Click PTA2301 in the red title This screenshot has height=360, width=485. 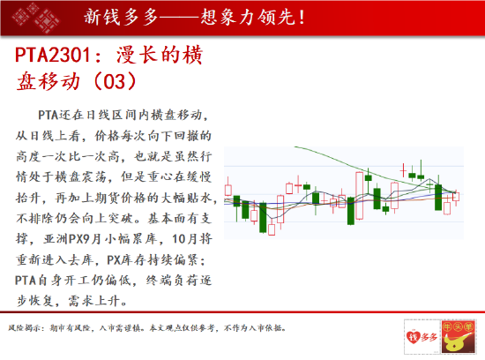coord(53,55)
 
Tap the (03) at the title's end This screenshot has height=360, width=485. coord(115,81)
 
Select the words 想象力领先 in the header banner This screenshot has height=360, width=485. coord(247,17)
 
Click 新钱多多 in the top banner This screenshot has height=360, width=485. coord(121,17)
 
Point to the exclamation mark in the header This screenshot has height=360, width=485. coord(302,18)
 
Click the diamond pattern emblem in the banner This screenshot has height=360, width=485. coord(35,17)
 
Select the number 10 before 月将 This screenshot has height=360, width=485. coord(179,239)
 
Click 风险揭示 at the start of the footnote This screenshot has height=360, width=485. coord(22,328)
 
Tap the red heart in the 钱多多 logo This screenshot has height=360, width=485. coord(413,336)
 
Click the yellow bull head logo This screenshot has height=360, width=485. coord(459,336)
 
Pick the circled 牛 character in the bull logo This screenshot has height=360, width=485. coord(447,326)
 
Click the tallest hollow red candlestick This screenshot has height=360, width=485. coord(360,196)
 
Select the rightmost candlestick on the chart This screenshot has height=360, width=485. coord(456,197)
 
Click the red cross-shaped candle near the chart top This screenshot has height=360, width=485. coord(403,170)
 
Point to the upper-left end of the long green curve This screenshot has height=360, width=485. coord(295,146)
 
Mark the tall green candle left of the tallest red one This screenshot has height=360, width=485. coord(351,211)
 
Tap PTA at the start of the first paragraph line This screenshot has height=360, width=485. coord(48,116)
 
